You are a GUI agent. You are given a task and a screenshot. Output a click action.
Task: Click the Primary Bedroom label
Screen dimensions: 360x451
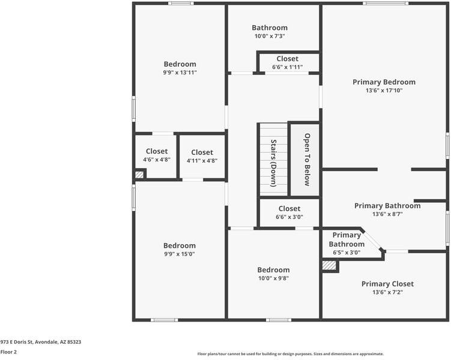tap(384, 82)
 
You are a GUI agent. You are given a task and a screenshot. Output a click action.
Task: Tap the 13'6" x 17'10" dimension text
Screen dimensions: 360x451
tap(384, 91)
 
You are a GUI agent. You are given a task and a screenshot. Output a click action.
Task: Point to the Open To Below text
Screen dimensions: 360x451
tap(307, 160)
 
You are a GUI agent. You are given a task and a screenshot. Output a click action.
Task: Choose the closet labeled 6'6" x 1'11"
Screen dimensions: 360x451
tap(288, 62)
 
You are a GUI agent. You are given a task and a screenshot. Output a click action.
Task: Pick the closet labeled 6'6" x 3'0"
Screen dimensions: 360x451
tap(289, 212)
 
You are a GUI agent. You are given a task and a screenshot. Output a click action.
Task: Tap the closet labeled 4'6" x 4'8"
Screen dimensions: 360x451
tap(156, 155)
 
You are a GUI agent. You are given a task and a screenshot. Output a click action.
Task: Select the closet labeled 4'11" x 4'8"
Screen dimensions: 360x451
tap(202, 156)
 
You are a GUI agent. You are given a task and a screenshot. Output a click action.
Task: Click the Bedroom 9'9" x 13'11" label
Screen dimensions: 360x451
tap(180, 68)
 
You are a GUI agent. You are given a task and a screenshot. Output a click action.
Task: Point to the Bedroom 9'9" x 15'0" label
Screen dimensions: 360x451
tap(180, 249)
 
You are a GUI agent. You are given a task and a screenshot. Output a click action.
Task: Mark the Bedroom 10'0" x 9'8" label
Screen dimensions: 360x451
tap(273, 274)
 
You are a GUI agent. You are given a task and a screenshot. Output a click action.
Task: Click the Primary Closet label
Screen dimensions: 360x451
tap(387, 287)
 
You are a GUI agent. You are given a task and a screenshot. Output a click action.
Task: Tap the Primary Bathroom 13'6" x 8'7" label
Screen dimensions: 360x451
tap(387, 209)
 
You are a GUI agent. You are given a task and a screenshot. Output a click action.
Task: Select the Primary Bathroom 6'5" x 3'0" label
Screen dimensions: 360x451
tap(347, 244)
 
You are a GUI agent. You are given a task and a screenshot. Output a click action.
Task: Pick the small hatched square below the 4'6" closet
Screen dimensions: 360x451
tap(139, 175)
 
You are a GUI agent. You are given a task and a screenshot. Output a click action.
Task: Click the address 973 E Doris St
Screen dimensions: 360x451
tap(41, 342)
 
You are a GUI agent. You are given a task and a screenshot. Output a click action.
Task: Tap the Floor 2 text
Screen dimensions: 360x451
tap(8, 352)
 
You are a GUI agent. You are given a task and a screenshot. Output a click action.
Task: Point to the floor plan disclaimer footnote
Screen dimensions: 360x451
tap(291, 354)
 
